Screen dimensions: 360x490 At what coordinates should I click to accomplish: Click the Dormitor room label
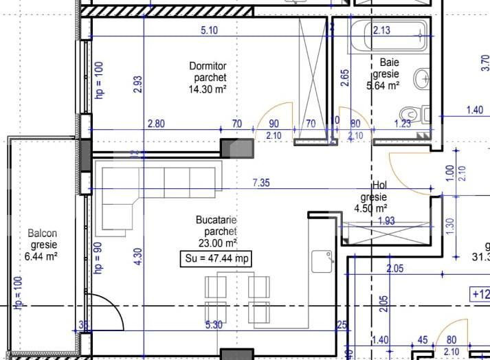208,66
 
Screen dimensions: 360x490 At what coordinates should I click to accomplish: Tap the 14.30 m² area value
208,89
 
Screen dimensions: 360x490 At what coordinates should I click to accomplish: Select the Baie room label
386,63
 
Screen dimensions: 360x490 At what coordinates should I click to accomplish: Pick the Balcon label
43,234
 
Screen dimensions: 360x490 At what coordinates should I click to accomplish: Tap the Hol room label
379,185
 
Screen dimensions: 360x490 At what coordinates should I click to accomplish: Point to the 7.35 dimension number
262,183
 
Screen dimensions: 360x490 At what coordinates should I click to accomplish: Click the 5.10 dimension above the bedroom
209,30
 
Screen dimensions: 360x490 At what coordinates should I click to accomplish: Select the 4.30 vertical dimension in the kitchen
138,256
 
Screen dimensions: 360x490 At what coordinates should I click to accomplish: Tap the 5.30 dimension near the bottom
213,325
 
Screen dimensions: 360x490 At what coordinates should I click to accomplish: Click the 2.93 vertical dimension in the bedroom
138,84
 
